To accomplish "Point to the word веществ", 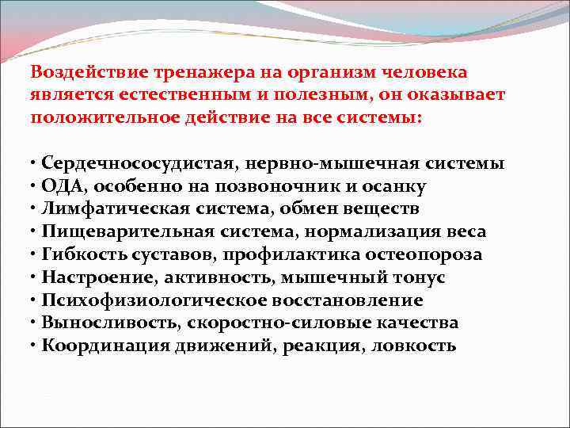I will (x=386, y=209).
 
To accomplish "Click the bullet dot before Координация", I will (x=34, y=346).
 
